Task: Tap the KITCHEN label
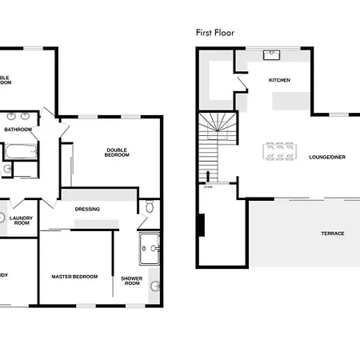(x=278, y=80)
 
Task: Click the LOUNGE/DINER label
(x=326, y=157)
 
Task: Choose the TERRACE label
(x=333, y=233)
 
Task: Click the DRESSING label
(x=87, y=210)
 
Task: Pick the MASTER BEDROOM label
(x=74, y=276)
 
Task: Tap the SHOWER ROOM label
(x=131, y=281)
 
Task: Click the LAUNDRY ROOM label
(x=22, y=220)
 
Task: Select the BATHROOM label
(x=18, y=129)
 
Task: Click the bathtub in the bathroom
(x=18, y=149)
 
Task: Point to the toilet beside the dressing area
(x=150, y=208)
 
